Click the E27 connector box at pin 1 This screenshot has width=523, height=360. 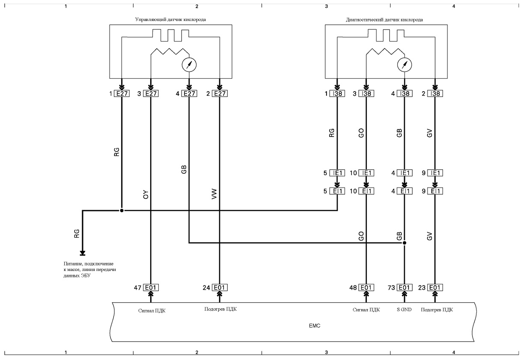(122, 94)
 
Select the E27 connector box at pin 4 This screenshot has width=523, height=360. (189, 94)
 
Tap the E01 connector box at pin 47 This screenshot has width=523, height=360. (151, 288)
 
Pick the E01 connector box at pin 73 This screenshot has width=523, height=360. (404, 288)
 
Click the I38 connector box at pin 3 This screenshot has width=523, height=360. (366, 94)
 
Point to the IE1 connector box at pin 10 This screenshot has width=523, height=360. (366, 173)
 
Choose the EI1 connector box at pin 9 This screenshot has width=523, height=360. (435, 191)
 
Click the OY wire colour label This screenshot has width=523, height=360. (146, 194)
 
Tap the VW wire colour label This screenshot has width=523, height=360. (214, 194)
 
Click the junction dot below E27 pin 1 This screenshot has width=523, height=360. (122, 211)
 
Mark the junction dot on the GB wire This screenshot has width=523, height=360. (404, 243)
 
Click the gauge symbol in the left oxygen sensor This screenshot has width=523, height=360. (189, 65)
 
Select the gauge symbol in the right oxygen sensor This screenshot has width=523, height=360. (404, 65)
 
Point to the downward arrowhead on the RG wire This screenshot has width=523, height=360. (83, 253)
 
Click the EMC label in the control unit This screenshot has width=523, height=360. (315, 326)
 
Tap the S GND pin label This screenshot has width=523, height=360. (404, 309)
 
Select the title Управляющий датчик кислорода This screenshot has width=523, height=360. (170, 20)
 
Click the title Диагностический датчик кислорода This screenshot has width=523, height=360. (384, 20)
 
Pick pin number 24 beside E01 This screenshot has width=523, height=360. (206, 288)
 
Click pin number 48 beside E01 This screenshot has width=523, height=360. (353, 288)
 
